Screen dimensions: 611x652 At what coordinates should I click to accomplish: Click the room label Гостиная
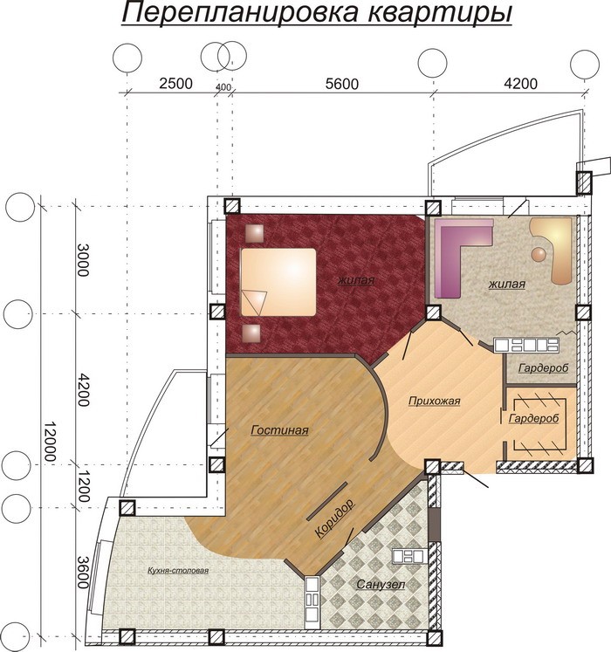[x=279, y=429]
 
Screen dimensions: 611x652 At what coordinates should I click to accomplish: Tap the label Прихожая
[x=434, y=401]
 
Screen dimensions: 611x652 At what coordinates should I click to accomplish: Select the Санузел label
[x=381, y=584]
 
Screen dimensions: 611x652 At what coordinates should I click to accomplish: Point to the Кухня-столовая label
[x=178, y=571]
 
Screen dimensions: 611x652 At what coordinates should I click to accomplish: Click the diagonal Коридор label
[x=334, y=518]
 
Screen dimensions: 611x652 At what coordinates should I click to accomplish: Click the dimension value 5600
[x=342, y=84]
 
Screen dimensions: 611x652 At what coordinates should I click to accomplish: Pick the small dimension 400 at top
[x=223, y=87]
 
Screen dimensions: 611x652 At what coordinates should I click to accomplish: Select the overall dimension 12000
[x=50, y=441]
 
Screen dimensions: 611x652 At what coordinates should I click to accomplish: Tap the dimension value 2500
[x=176, y=84]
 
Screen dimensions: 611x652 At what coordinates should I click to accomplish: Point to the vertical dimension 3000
[x=83, y=260]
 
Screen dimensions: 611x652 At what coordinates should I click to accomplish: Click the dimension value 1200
[x=84, y=486]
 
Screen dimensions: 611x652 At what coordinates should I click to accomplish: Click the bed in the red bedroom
[x=278, y=282]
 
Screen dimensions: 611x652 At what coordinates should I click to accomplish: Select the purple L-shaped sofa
[x=463, y=258]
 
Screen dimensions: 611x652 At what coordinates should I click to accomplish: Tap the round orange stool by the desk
[x=539, y=254]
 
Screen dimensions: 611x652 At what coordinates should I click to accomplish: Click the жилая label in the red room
[x=356, y=280]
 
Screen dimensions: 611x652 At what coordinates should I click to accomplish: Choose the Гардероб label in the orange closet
[x=533, y=418]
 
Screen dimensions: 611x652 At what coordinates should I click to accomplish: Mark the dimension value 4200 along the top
[x=521, y=84]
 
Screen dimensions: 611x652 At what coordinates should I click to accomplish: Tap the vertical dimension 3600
[x=83, y=573]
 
